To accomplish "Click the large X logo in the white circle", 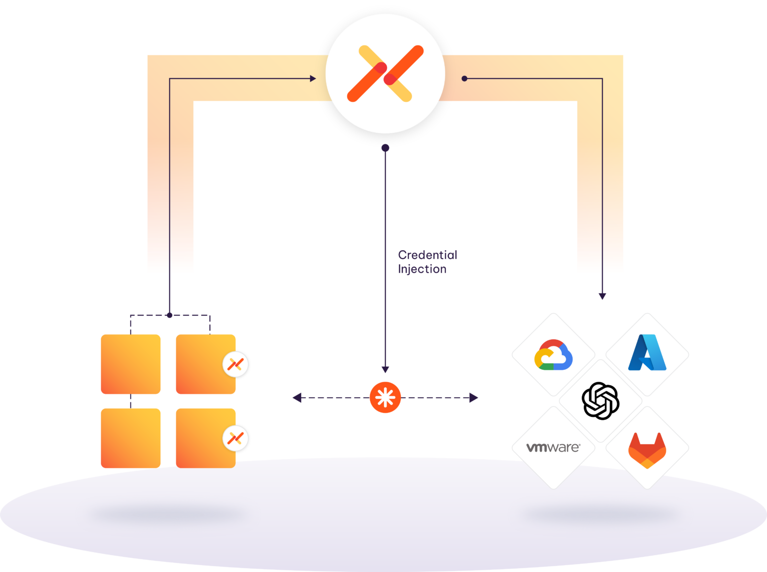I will coord(385,74).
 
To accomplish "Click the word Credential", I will coord(427,255).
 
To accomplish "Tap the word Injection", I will coord(422,269).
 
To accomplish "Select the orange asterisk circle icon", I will coord(385,398).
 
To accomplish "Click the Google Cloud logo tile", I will coord(553,355).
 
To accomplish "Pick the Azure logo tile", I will coord(647,354).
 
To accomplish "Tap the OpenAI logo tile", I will coord(600,400).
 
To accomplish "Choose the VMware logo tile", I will coord(553,447).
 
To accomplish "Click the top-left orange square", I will coord(130,364).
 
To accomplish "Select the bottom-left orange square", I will coord(130,438).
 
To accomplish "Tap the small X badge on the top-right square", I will coord(235,364).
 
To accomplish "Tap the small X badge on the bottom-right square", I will coord(235,438).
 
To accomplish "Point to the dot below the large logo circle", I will coord(385,148).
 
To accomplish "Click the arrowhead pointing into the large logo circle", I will coord(313,78).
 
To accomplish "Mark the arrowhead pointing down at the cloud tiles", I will coord(602,296).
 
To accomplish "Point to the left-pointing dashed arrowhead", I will coord(297,398).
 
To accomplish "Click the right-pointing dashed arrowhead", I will coord(474,398).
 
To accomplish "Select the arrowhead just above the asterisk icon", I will coord(385,370).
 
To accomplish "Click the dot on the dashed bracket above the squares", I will coord(170,315).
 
